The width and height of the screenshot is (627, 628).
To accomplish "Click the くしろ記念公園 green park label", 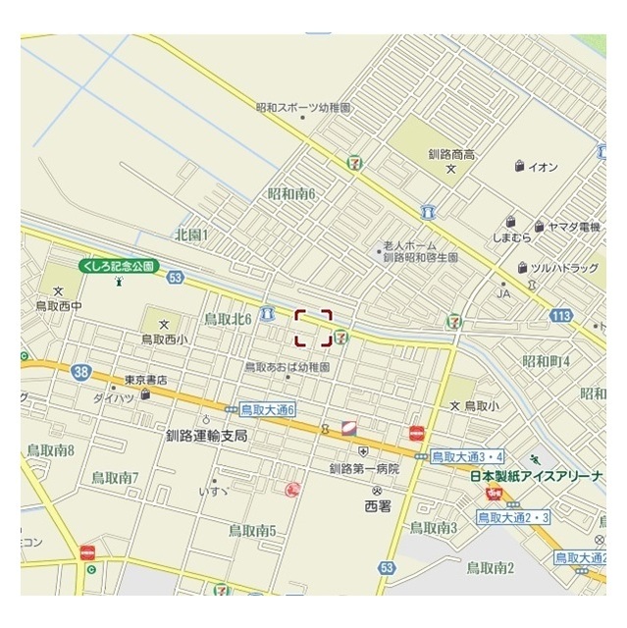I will coord(119,266).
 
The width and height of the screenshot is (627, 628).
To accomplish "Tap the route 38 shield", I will coord(81,371).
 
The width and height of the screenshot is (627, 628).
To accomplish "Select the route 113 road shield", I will coord(561,315).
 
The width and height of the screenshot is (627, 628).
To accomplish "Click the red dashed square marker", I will coord(313,328).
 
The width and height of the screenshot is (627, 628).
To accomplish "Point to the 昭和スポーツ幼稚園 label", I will coord(302,108).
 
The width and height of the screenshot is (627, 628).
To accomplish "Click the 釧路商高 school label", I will coord(451,154).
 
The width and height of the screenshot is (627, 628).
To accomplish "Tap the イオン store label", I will coord(543,167).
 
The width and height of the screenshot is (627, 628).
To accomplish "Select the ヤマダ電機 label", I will coord(574,227).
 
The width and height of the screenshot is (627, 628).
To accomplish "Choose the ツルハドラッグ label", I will coord(564,267).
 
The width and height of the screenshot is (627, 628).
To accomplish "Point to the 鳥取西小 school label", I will coord(164,340).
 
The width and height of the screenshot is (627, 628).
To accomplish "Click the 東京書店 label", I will coord(145,380).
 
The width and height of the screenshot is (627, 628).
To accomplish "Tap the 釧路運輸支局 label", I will coord(206,435).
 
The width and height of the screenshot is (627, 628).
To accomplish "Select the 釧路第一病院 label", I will coord(364,469).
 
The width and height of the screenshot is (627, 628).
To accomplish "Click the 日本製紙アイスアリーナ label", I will coord(536,476).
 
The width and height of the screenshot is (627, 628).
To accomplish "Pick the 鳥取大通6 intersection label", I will coord(268,409).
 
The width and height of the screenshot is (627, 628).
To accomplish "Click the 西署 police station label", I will coord(377,506).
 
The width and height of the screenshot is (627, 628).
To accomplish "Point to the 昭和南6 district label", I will coord(291,194).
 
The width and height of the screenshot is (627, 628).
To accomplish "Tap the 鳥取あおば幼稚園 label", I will coord(287,366).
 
